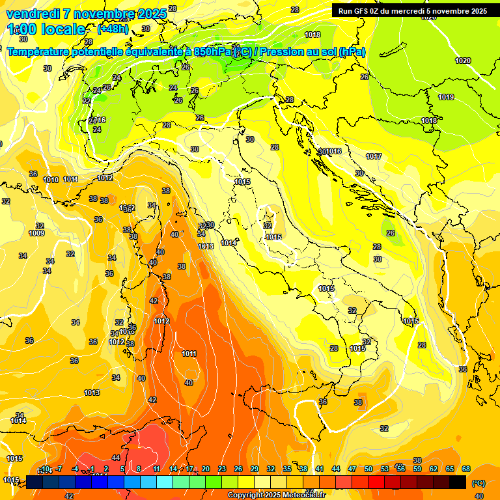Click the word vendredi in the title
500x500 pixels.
(x=33, y=14)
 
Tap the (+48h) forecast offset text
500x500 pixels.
(x=113, y=29)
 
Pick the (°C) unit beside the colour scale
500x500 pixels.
(x=478, y=483)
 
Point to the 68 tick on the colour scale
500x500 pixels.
(x=466, y=469)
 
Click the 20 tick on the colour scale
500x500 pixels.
(x=206, y=469)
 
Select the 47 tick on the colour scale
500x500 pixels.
(x=352, y=469)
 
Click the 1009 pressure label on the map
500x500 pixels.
(x=36, y=233)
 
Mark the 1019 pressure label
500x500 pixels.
(x=446, y=97)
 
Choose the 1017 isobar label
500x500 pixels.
(x=374, y=156)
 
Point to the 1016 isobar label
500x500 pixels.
(x=333, y=152)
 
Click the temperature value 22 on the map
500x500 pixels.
(x=87, y=101)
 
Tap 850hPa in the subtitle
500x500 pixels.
(x=212, y=52)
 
